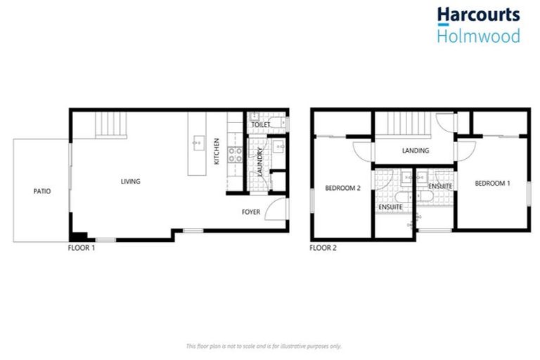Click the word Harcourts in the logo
pos(477,15)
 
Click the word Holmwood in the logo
pos(477,35)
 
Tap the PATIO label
pos(41,191)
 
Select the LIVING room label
pos(130,181)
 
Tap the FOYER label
pos(251,211)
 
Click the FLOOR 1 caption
pos(82,247)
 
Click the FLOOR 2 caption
pos(324,247)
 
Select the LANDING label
pos(416,150)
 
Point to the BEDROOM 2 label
pos(342,188)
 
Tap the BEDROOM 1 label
pos(492,184)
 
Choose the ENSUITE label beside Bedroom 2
pos(390,207)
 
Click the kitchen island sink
pos(198,143)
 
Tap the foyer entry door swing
pos(278,209)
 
